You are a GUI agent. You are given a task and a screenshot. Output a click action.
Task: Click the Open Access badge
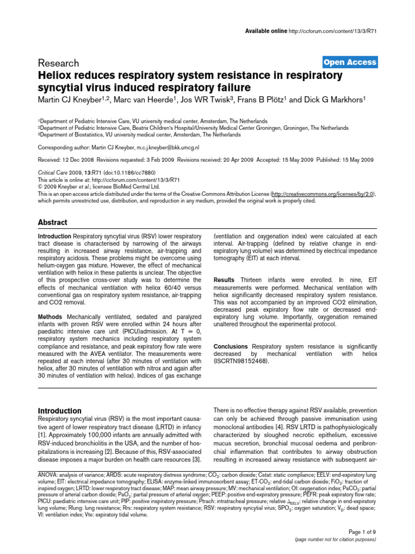[x=350, y=62]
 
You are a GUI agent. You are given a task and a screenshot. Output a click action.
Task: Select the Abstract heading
[x=52, y=222]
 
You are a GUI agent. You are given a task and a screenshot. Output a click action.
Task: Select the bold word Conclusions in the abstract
[x=231, y=346]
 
